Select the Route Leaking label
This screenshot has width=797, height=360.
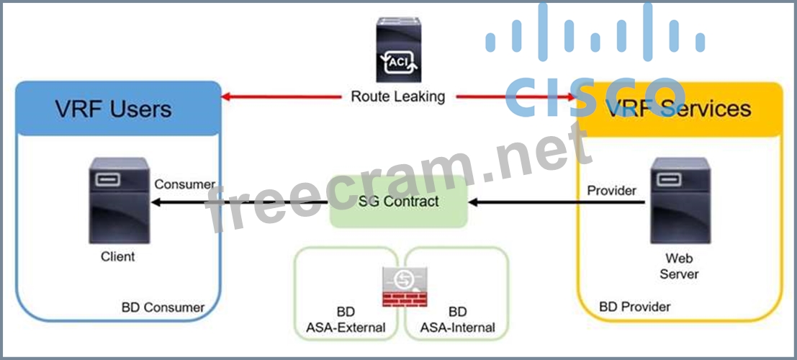[398, 96]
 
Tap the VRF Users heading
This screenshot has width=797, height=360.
[113, 109]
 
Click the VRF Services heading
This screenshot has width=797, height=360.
[677, 108]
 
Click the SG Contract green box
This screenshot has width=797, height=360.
[398, 201]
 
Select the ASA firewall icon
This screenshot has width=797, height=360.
[403, 287]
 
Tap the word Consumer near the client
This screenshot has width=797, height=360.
[184, 184]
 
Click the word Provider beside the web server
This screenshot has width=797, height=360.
[611, 191]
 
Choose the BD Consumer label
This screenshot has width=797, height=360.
[163, 307]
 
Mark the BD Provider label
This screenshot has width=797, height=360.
[634, 307]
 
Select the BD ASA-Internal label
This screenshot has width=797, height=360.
[457, 320]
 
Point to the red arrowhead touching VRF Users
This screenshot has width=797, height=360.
[225, 96]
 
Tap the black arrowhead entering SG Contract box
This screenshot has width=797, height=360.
[472, 203]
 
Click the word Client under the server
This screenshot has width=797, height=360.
[117, 256]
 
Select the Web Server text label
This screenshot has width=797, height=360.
[679, 265]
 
